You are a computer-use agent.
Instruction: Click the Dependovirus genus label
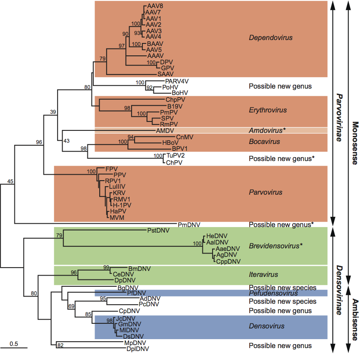pos(271,38)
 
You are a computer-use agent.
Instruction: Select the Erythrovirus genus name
pos(268,110)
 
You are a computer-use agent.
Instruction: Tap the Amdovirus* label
pos(268,130)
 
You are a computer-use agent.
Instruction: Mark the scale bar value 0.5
pos(14,343)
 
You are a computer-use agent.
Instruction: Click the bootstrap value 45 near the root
pos(11,182)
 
